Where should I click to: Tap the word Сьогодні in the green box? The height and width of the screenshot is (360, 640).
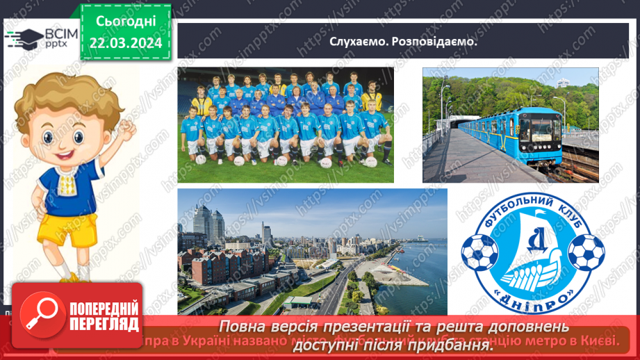tap(126, 20)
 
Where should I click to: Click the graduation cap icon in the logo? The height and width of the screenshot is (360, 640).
tap(23, 37)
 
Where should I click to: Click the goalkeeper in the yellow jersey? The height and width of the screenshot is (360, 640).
tap(202, 104)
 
